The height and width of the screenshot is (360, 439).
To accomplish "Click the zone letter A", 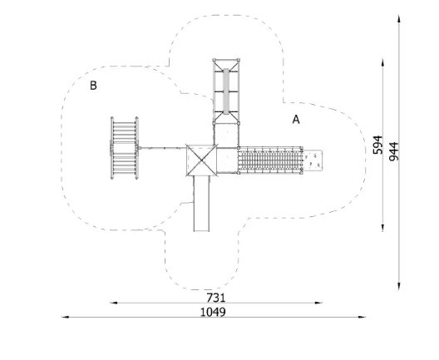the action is (296, 120).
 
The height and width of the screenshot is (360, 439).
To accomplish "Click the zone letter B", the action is (93, 86).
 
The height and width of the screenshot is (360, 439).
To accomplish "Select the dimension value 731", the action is (216, 298).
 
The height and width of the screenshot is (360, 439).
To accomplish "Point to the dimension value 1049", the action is (213, 312).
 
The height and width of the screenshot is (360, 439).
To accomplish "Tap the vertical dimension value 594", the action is (377, 145).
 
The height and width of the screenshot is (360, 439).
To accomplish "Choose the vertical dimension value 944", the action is (393, 151).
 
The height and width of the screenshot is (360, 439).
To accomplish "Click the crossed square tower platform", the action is (201, 160).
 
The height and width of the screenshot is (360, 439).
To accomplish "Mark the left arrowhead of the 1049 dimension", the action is (65, 317).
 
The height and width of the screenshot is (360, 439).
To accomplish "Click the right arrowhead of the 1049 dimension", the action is (362, 317).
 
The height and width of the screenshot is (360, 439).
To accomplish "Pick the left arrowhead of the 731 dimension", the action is (113, 303).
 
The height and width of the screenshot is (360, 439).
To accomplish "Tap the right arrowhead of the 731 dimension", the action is (318, 303).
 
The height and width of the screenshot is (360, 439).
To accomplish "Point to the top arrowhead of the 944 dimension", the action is (399, 19).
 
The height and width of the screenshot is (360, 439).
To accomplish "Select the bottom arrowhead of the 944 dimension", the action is (399, 286).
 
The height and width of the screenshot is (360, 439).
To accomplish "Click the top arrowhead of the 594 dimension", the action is (382, 62).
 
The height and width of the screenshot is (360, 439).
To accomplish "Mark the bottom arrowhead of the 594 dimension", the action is (382, 228).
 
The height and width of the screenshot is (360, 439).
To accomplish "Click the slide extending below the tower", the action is (201, 204).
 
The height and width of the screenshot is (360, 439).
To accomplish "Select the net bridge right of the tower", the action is (270, 160).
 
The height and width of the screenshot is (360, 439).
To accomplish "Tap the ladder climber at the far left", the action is (125, 148).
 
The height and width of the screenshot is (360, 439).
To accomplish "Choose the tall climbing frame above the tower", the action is (226, 91).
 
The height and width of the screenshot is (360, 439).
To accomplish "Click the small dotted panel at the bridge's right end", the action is (313, 160).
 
